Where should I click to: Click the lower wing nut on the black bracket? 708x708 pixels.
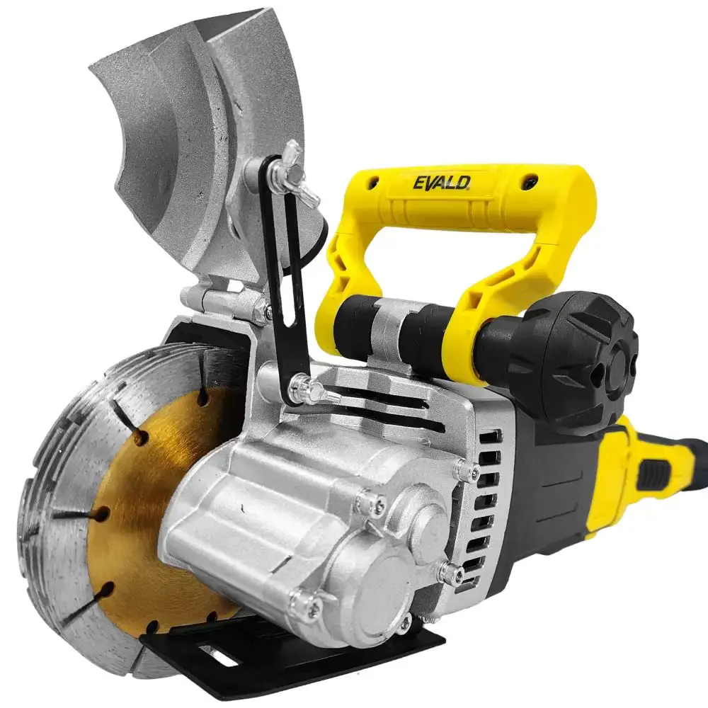(312, 389)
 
